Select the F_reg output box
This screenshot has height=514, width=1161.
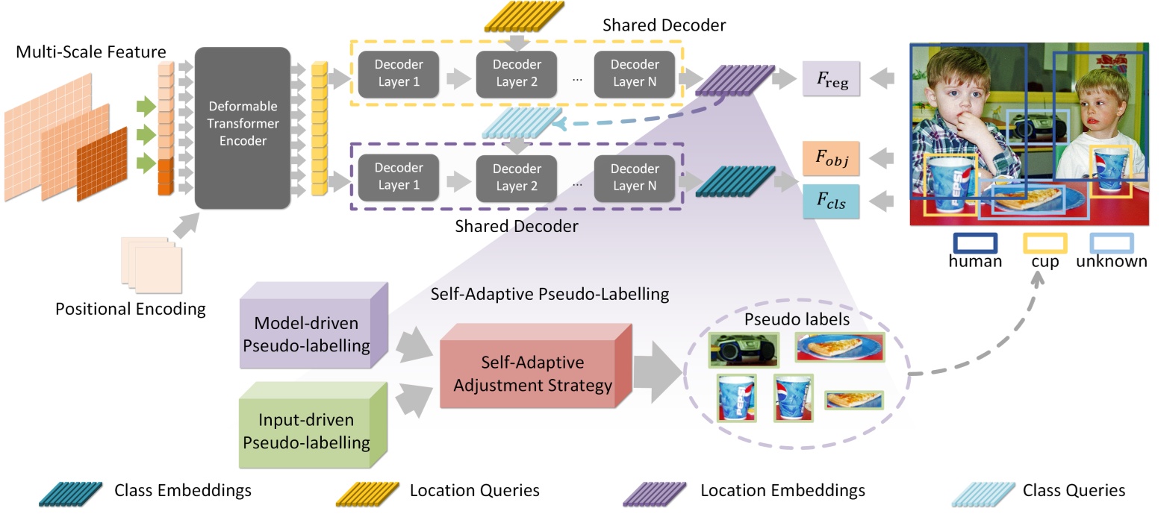831,79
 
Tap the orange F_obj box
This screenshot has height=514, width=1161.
831,157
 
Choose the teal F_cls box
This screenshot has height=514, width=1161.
831,201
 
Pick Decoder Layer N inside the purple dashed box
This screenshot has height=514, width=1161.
635,178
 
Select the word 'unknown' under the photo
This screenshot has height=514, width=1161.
1111,262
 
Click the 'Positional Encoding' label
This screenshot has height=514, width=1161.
131,309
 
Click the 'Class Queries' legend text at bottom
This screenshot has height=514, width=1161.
1074,490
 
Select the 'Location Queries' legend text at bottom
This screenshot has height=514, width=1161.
474,490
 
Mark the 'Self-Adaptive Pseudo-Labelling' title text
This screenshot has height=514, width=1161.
550,294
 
